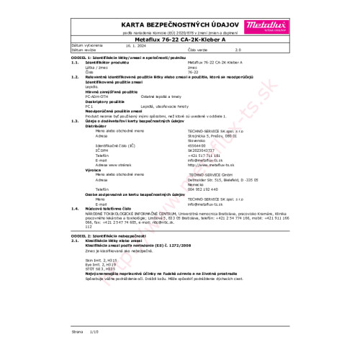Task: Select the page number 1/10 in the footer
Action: [92, 333]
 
